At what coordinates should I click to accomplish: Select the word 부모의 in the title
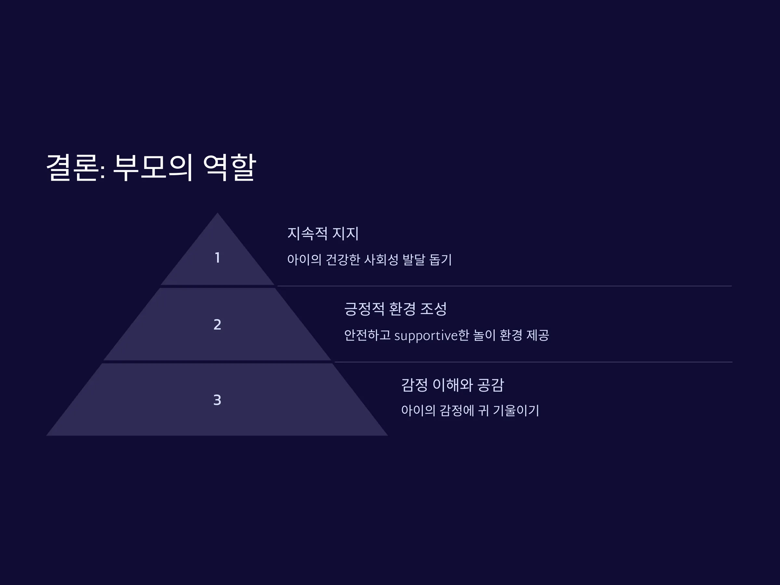point(153,167)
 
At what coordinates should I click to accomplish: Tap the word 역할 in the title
point(229,167)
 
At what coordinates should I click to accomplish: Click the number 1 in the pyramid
point(217,258)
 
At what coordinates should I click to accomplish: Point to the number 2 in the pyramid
point(217,324)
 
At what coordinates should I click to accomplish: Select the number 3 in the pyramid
point(217,400)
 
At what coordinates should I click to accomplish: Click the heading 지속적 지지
point(323,233)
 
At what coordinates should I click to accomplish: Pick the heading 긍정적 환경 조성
point(395,309)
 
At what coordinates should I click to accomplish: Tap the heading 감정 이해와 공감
point(453,385)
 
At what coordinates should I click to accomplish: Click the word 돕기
point(440,260)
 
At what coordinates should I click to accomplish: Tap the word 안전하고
point(368,335)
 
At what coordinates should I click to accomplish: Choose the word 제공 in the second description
point(538,335)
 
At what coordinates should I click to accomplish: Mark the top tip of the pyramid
point(217,213)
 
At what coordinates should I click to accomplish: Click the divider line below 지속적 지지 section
point(505,286)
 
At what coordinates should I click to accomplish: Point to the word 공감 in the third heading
point(491,385)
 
